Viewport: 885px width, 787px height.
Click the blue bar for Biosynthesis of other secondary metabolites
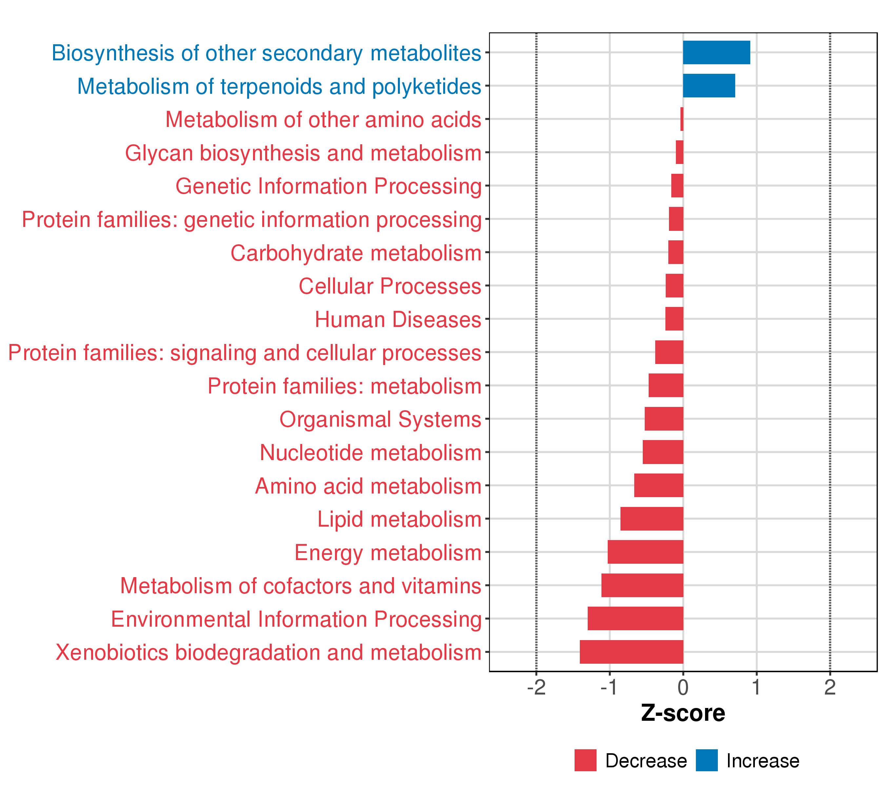(716, 52)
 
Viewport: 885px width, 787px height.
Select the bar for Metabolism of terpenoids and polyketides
(709, 86)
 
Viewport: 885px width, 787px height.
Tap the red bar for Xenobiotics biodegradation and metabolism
(631, 652)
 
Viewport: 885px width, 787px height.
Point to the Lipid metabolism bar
(652, 518)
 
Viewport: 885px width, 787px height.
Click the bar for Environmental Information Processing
(635, 618)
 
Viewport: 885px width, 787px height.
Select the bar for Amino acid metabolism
(659, 485)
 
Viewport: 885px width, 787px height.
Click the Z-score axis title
(683, 713)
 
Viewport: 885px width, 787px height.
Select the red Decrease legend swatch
(585, 760)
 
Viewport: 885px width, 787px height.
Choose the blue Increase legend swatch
(707, 760)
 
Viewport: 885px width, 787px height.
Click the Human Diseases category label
(398, 320)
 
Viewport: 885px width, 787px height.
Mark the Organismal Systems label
(380, 420)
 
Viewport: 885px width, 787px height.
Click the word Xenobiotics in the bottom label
(112, 653)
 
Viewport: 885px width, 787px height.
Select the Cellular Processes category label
(390, 287)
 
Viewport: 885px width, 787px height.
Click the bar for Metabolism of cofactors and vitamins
(642, 585)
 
